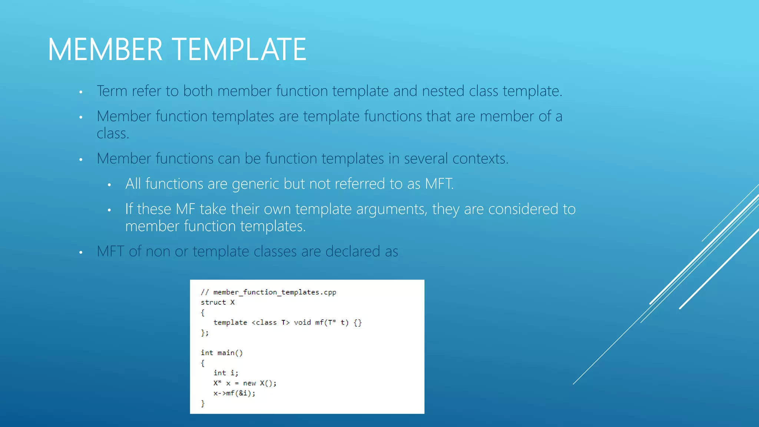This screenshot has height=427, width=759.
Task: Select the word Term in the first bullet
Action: pyautogui.click(x=112, y=91)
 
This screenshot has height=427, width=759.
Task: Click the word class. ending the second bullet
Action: pyautogui.click(x=113, y=133)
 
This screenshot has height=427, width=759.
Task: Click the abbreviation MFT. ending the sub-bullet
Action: pyautogui.click(x=439, y=184)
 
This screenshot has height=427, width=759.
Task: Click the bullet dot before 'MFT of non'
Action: pyautogui.click(x=81, y=253)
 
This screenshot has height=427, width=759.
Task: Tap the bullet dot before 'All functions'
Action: pyautogui.click(x=109, y=185)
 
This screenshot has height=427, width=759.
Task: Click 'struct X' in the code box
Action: pyautogui.click(x=218, y=302)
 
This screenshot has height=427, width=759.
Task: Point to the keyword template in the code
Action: pyautogui.click(x=230, y=322)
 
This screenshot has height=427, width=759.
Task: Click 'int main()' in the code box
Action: pyautogui.click(x=222, y=353)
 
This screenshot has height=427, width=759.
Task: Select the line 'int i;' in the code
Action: pyautogui.click(x=226, y=373)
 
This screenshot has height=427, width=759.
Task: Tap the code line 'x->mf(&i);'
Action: pyautogui.click(x=234, y=393)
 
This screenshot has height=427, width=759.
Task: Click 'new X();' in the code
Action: pyautogui.click(x=259, y=383)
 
